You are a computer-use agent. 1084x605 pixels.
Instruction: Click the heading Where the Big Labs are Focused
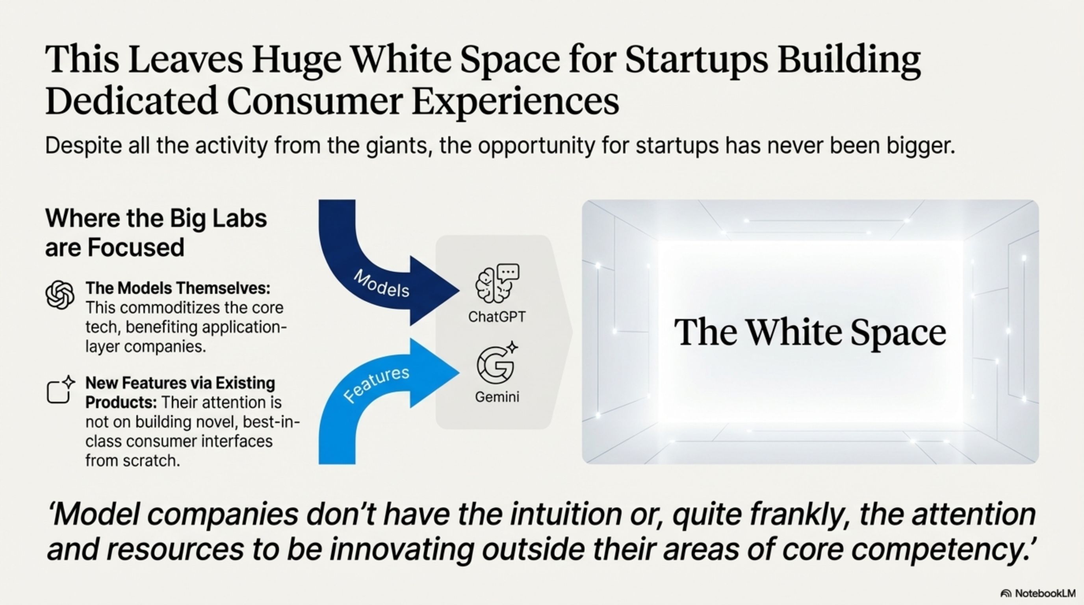[156, 232]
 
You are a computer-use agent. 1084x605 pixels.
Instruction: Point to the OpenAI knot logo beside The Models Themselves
[60, 295]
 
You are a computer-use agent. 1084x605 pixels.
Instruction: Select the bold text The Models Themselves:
[178, 288]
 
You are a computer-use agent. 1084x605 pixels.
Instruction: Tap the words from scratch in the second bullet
[133, 461]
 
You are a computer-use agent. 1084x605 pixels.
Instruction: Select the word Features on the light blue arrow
[376, 384]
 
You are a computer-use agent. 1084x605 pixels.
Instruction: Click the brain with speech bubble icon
[497, 283]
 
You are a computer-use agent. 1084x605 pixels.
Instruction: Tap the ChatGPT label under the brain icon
[497, 317]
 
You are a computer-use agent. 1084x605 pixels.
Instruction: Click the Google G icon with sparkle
[497, 363]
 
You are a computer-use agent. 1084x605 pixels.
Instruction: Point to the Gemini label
[497, 397]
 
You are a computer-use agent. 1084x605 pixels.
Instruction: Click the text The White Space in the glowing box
[810, 332]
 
